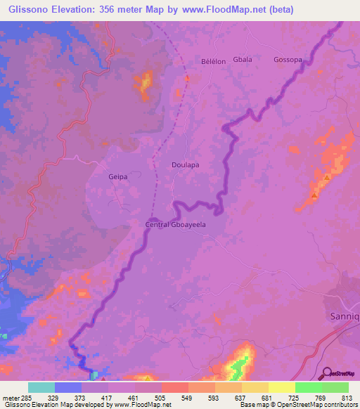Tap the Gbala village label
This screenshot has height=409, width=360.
coord(242,60)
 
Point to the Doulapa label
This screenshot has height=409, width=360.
coord(186,164)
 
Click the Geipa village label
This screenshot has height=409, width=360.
coord(118,177)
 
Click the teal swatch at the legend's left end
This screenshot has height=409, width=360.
coord(41,387)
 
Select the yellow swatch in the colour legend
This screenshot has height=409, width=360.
coord(282,387)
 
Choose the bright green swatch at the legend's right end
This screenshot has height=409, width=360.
coord(335,387)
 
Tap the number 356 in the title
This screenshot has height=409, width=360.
coord(115,9)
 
